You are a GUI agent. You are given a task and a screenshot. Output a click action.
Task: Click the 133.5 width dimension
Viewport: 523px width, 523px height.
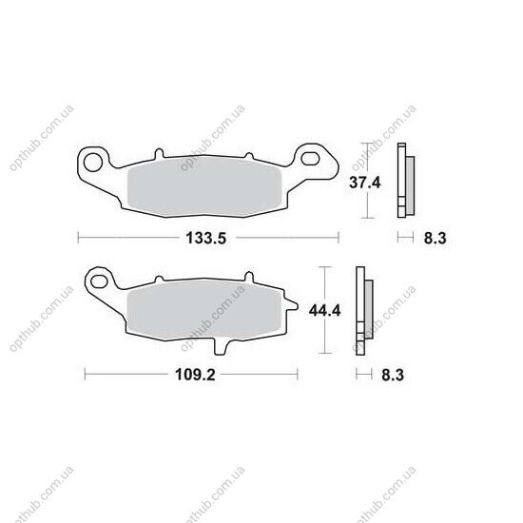[205, 238]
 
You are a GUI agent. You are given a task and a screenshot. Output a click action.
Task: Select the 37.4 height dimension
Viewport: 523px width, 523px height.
[364, 183]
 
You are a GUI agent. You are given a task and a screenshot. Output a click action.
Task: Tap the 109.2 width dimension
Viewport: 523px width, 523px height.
[195, 375]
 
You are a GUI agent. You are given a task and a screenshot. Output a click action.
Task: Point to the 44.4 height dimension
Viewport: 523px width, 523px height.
[324, 311]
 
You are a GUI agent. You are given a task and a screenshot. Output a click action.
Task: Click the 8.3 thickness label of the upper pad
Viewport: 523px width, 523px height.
[435, 238]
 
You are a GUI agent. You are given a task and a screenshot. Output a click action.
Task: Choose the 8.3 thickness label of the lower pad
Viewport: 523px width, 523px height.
[393, 375]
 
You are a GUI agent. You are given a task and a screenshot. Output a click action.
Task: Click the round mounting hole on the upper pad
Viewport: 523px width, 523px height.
[93, 163]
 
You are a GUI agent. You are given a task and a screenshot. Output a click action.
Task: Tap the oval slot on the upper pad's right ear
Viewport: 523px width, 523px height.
[310, 159]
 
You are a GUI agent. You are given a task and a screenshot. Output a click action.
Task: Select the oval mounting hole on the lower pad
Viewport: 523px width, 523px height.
[99, 281]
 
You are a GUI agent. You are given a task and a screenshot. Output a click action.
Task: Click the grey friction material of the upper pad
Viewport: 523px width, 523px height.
[204, 186]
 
